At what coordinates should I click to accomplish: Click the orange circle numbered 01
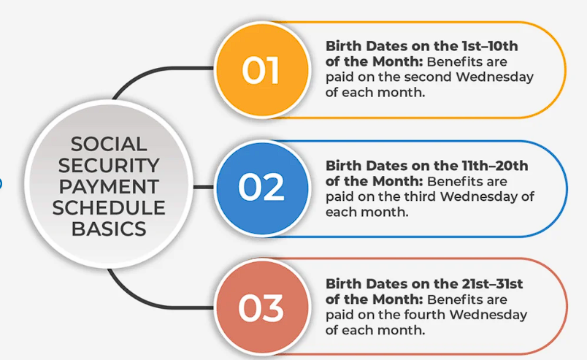(x=261, y=70)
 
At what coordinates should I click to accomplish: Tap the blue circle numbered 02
(x=261, y=188)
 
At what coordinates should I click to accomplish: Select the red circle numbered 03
(x=261, y=307)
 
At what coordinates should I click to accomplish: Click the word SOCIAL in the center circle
(x=109, y=144)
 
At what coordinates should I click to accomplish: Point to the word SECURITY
(x=109, y=165)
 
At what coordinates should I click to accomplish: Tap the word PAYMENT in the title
(x=109, y=186)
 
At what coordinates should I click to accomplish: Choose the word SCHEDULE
(x=109, y=207)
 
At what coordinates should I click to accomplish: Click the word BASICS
(x=109, y=229)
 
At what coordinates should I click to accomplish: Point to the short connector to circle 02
(x=204, y=187)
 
